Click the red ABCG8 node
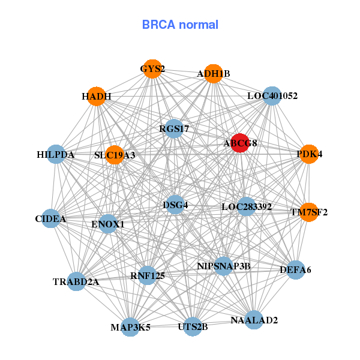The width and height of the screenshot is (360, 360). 240,143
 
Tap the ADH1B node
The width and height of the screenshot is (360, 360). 213,74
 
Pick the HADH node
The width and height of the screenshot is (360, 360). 97,97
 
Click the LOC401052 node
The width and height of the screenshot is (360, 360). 272,96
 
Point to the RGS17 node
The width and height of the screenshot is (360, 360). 174,128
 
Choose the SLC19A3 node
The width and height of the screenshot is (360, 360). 115,155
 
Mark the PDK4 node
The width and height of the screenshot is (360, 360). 309,154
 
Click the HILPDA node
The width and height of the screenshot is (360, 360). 56,155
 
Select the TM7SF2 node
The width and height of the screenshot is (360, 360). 309,212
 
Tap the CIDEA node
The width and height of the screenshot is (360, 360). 50,219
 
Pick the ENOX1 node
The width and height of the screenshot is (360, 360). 108,224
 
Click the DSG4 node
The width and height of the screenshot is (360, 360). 175,205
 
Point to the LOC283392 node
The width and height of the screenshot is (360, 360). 247,207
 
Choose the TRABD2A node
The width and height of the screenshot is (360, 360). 76,281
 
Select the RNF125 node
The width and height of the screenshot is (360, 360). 148,275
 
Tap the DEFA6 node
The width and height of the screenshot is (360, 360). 295,270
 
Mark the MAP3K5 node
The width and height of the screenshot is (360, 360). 130,327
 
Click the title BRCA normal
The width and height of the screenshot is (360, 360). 180,25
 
